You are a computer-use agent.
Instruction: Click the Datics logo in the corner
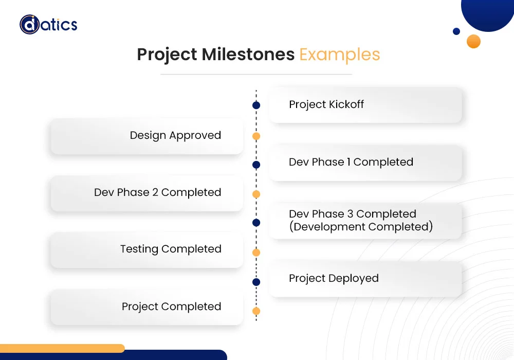tap(48, 24)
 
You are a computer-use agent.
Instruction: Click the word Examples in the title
tap(339, 55)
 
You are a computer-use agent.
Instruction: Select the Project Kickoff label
tap(326, 104)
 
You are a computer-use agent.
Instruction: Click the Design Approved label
tap(175, 135)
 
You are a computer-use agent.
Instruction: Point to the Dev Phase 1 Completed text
tap(351, 162)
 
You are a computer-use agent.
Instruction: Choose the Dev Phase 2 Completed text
tap(157, 192)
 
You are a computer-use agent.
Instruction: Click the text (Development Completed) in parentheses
tap(361, 227)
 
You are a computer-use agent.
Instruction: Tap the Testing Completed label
tap(171, 249)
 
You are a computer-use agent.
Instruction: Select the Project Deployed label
tap(334, 278)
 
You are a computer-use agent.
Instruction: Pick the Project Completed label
tap(171, 307)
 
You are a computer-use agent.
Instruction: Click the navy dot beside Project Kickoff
tap(256, 105)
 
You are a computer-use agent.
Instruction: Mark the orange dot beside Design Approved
tap(256, 136)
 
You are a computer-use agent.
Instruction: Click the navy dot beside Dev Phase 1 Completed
tap(256, 165)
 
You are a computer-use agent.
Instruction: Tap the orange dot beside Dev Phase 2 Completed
tap(256, 194)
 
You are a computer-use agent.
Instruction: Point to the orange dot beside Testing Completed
tap(256, 253)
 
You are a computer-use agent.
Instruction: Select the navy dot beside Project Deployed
tap(256, 282)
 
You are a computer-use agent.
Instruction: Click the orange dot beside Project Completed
tap(256, 311)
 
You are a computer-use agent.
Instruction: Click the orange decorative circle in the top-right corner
tap(473, 41)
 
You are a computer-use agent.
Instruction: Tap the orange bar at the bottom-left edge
tap(62, 348)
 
